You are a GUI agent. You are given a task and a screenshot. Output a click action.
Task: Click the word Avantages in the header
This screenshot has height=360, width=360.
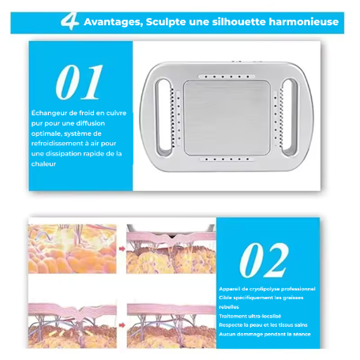(x=112, y=22)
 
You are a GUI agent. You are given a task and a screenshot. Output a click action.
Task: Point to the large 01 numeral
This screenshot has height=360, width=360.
(x=79, y=83)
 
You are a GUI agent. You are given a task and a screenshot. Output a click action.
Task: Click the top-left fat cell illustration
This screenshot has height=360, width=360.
(x=72, y=249)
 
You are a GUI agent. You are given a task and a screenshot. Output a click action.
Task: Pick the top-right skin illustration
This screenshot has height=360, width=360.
(x=171, y=249)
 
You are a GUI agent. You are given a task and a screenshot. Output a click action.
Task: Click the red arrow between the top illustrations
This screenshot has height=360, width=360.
(x=122, y=247)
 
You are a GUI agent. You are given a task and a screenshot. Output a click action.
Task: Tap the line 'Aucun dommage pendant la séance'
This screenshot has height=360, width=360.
(x=265, y=334)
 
